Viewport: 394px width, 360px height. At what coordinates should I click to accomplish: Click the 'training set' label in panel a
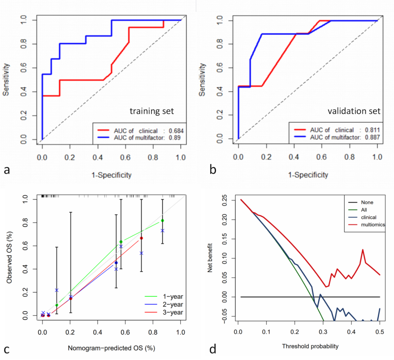point(152,111)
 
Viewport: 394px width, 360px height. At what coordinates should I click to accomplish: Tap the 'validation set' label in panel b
point(354,111)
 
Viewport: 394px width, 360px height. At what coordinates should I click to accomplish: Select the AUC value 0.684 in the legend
point(176,131)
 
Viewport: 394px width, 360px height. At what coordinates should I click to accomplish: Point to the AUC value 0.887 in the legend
point(372,137)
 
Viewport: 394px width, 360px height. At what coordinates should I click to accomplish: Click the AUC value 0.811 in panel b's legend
point(372,130)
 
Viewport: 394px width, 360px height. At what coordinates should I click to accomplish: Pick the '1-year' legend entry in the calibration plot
point(173,297)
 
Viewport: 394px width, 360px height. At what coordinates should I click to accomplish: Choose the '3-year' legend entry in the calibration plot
point(173,312)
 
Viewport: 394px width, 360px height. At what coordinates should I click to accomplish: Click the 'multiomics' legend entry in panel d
point(373,225)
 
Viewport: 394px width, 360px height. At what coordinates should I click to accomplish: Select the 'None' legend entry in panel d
point(367,202)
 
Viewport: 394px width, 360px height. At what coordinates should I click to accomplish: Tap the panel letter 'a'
point(7,170)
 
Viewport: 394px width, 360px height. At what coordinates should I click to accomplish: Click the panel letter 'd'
point(213,349)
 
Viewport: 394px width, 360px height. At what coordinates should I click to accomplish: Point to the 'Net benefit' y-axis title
point(210,258)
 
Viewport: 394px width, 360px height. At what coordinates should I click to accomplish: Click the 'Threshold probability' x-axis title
point(310,346)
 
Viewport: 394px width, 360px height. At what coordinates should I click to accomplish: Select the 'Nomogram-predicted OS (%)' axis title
point(111,348)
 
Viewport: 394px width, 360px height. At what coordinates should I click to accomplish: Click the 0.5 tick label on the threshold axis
point(380,332)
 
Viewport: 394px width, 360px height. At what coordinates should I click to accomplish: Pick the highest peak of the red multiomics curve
point(363,250)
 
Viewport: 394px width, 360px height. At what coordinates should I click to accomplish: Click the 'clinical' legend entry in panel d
point(369,217)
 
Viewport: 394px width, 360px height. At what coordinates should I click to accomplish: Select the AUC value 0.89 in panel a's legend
point(175,138)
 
